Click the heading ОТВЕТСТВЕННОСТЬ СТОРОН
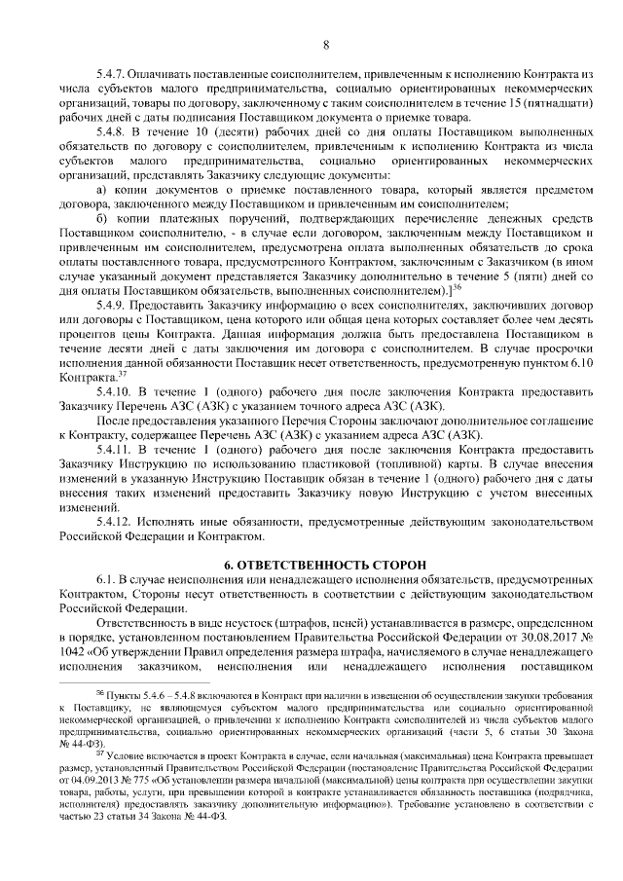[333, 566]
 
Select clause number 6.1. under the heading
[105, 580]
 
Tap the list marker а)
[103, 186]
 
